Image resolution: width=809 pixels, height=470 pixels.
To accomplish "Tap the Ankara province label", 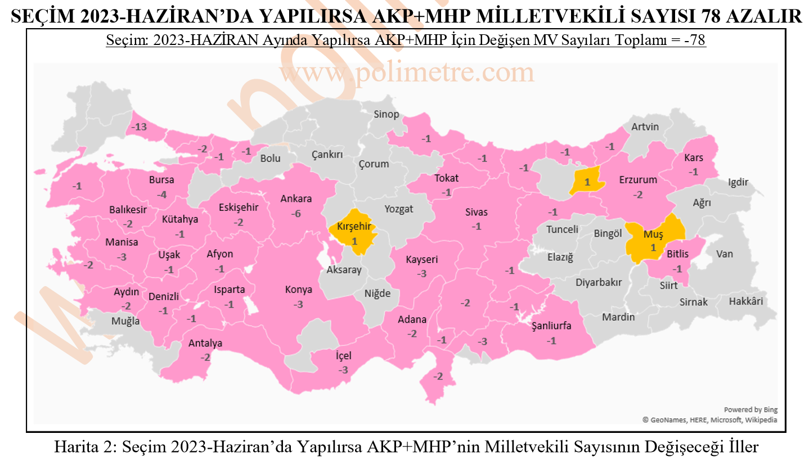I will tap(296, 199).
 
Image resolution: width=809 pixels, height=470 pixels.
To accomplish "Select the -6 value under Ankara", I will tap(296, 214).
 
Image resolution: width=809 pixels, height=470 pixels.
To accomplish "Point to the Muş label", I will tap(653, 234).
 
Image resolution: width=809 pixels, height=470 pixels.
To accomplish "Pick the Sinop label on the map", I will tap(386, 115).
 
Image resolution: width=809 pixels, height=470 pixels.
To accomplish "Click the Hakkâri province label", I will tap(746, 301).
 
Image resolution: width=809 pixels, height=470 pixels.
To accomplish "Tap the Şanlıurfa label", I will tap(552, 327).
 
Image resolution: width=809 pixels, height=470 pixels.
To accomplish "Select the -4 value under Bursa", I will tap(162, 195).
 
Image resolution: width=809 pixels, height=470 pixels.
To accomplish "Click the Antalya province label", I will tap(205, 344).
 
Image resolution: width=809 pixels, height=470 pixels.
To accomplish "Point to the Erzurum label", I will tap(638, 180).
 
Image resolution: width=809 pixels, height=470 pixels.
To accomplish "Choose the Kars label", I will tap(694, 158).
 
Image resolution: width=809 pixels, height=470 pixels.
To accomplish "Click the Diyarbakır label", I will tap(599, 283).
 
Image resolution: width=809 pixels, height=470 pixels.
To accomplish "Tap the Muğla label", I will tap(125, 322).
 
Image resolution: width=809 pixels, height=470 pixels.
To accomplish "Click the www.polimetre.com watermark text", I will tap(406, 73).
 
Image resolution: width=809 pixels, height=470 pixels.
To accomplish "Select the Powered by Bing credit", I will tap(750, 410).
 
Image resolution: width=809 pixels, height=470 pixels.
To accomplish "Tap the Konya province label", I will tap(298, 290).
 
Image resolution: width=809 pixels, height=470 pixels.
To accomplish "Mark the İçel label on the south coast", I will tap(343, 356).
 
